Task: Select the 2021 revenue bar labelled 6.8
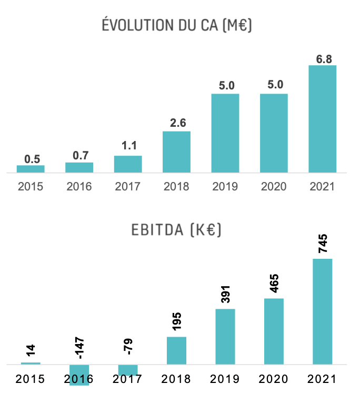click(x=322, y=119)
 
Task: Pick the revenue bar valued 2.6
click(x=176, y=151)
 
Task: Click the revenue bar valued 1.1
click(x=128, y=164)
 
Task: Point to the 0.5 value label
click(x=31, y=159)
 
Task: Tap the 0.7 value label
click(x=79, y=156)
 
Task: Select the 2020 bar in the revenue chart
click(x=274, y=133)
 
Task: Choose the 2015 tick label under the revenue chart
click(x=31, y=186)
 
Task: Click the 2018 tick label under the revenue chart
click(x=176, y=186)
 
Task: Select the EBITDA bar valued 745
click(x=323, y=311)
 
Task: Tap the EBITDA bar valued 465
click(x=274, y=331)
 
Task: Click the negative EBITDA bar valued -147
click(x=79, y=375)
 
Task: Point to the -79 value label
click(x=128, y=348)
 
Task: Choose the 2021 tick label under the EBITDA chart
click(x=322, y=379)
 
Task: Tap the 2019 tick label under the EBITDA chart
click(x=225, y=379)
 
